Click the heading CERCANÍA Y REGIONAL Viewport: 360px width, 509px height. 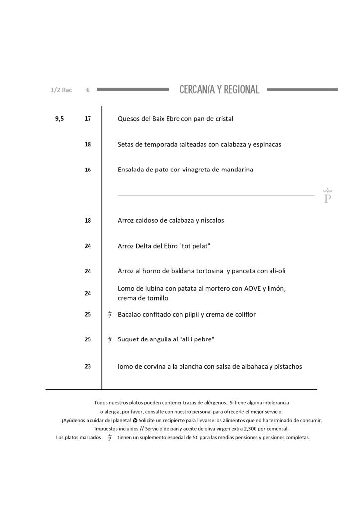[219, 90]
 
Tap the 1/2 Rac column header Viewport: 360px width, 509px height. [61, 90]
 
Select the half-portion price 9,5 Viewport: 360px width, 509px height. [59, 119]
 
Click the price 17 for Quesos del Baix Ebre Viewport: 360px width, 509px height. [88, 119]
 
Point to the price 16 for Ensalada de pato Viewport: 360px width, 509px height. [88, 170]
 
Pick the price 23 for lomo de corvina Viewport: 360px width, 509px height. [88, 367]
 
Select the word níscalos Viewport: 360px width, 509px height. [212, 220]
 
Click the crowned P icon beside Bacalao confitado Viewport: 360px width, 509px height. [109, 315]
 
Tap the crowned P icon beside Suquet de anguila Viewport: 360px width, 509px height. [109, 340]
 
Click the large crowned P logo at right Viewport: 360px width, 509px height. [327, 196]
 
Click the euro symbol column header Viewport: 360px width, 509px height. [88, 90]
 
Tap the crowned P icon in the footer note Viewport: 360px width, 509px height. [109, 438]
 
